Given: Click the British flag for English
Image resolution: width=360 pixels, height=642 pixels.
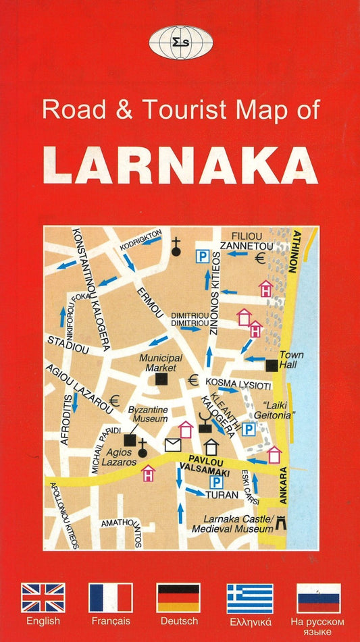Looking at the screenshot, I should click(x=43, y=597).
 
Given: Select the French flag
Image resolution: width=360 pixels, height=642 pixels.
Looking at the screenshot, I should click(x=111, y=597).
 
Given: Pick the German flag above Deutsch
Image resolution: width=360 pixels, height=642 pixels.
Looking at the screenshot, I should click(x=178, y=597).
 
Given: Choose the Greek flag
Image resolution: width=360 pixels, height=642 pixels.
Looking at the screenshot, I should click(x=250, y=597).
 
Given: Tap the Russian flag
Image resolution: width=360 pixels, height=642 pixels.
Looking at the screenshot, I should click(x=319, y=597).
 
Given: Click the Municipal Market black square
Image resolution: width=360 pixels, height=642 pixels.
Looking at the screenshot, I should click(x=161, y=380).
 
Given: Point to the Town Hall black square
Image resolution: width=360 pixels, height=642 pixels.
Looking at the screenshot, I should click(x=272, y=365).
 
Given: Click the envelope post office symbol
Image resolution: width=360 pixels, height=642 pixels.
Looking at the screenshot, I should click(x=174, y=445).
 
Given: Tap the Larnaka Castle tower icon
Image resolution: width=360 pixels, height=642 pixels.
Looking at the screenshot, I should click(x=282, y=522).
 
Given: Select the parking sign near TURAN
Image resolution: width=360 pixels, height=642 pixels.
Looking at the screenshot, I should click(x=216, y=482).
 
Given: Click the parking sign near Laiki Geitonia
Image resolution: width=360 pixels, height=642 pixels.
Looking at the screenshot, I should click(x=249, y=429).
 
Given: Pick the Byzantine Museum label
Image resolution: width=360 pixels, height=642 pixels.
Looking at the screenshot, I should click(x=148, y=414).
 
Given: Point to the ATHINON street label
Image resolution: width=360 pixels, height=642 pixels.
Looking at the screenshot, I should click(x=294, y=250).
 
